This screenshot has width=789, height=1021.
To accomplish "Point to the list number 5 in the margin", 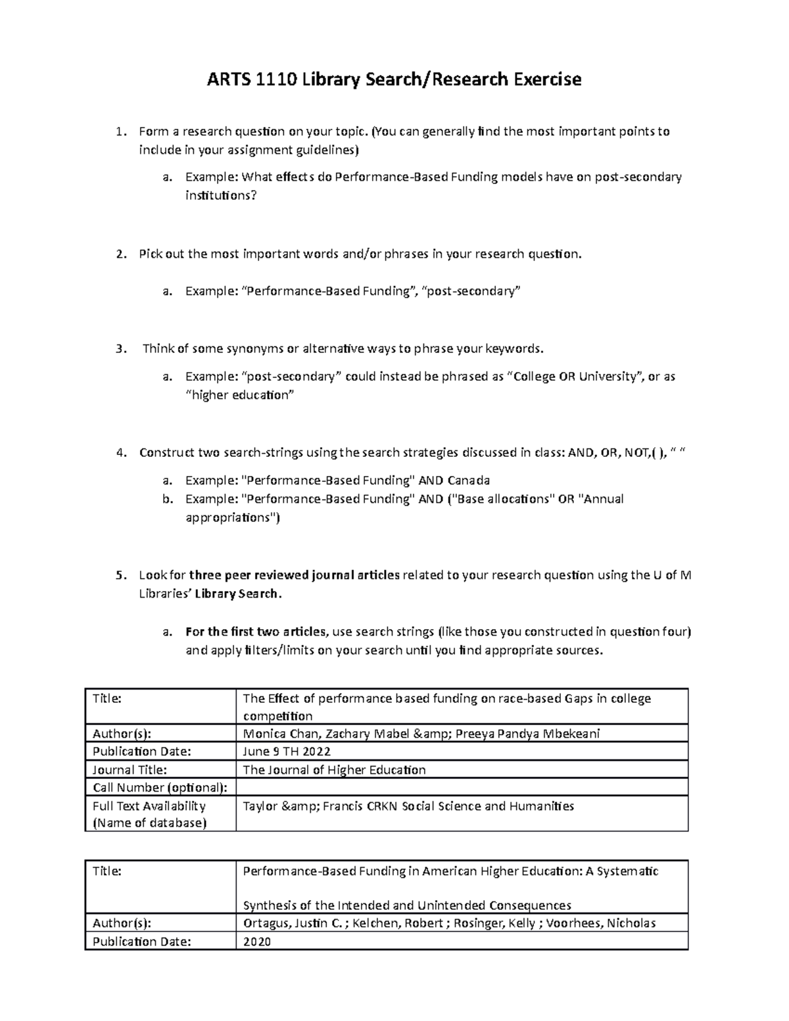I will tap(119, 575).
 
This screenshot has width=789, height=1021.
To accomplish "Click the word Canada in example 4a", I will tap(468, 481).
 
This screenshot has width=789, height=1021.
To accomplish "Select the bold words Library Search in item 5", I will tap(243, 594).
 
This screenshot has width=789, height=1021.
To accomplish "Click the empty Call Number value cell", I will tap(462, 788).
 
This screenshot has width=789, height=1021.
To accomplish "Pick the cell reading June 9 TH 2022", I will tap(287, 751).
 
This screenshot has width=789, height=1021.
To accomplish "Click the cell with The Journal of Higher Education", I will tap(334, 770).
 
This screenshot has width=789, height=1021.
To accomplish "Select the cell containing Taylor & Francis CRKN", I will tap(408, 806).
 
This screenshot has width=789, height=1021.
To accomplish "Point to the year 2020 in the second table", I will tap(256, 941).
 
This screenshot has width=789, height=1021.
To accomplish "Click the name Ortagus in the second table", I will tap(265, 923).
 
